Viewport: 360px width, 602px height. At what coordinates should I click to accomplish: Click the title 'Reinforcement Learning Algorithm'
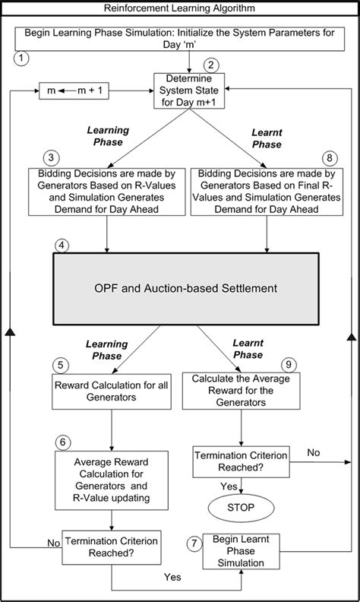click(181, 8)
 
